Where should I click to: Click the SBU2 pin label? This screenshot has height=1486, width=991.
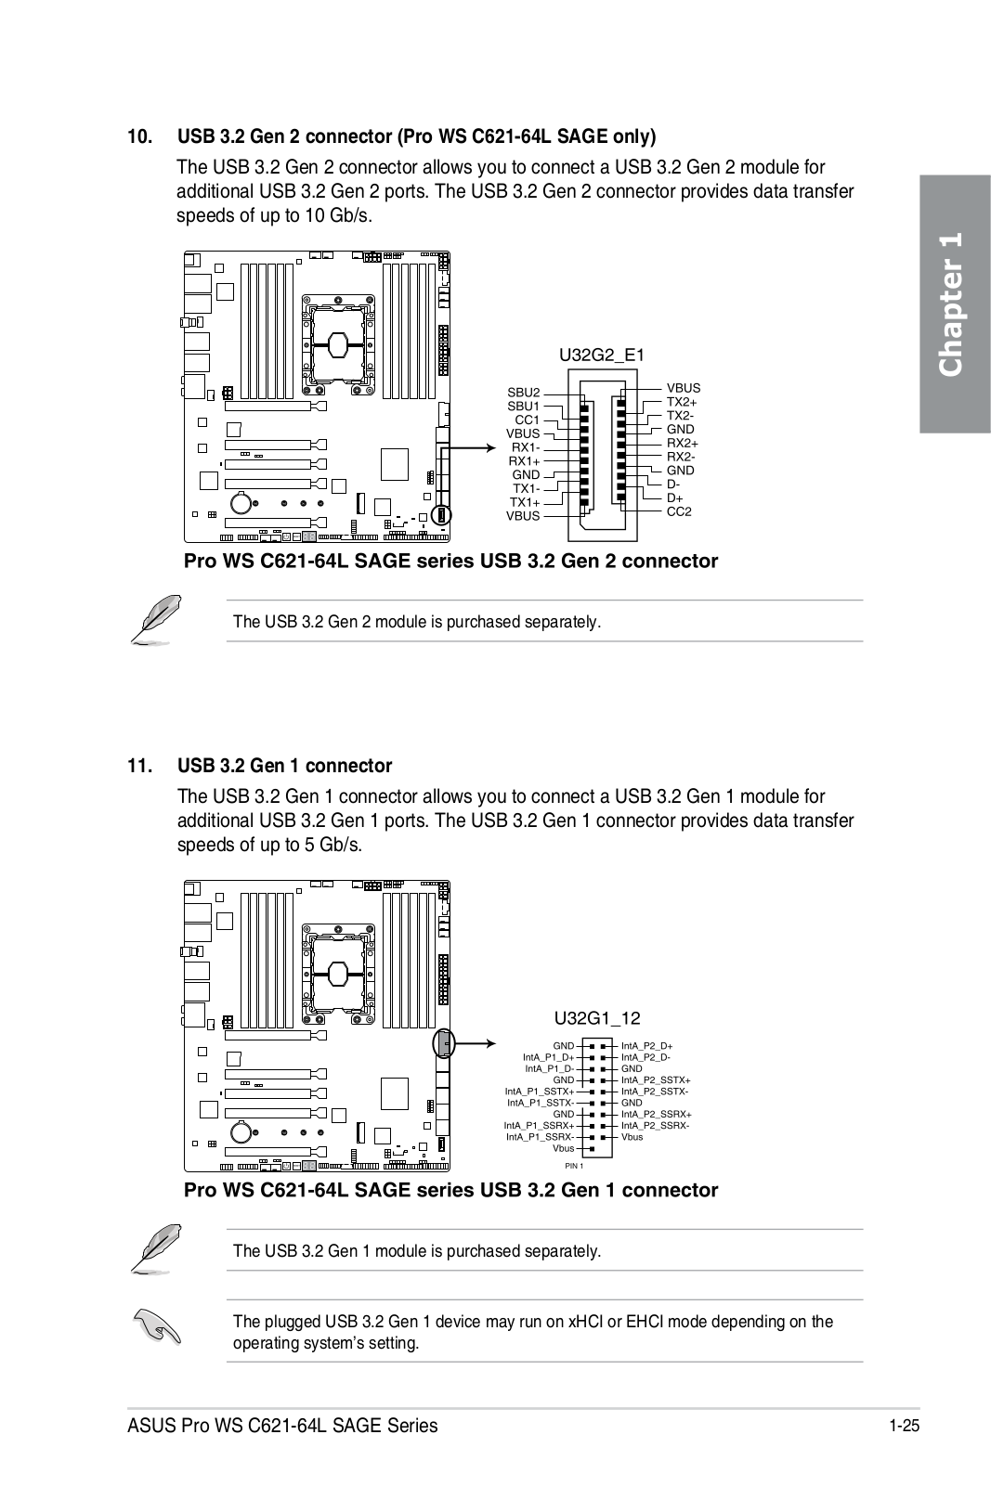point(523,393)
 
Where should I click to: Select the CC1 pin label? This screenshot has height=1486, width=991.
point(527,420)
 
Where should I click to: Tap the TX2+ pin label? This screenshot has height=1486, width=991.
point(682,402)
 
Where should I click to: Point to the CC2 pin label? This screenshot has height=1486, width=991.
point(679,511)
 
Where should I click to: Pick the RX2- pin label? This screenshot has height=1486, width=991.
point(682,457)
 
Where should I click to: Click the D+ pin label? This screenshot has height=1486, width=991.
point(674,497)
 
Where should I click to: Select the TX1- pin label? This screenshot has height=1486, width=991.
point(526,488)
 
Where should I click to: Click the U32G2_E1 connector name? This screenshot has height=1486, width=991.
point(600,355)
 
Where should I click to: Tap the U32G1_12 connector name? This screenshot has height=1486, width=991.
point(597,1018)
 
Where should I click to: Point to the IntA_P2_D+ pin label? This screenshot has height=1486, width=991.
point(646,1046)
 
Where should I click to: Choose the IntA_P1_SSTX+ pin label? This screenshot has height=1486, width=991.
point(539,1091)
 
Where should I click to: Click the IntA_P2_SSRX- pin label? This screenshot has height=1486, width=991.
point(655,1125)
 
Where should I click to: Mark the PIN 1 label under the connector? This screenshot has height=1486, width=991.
point(573,1166)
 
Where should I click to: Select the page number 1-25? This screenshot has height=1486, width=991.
point(903,1427)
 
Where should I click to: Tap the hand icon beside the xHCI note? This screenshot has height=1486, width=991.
point(157,1326)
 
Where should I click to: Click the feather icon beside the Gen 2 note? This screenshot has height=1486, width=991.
point(155,618)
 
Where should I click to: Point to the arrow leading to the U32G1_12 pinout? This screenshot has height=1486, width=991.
point(481,1043)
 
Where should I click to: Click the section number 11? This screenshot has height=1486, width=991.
point(140,766)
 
